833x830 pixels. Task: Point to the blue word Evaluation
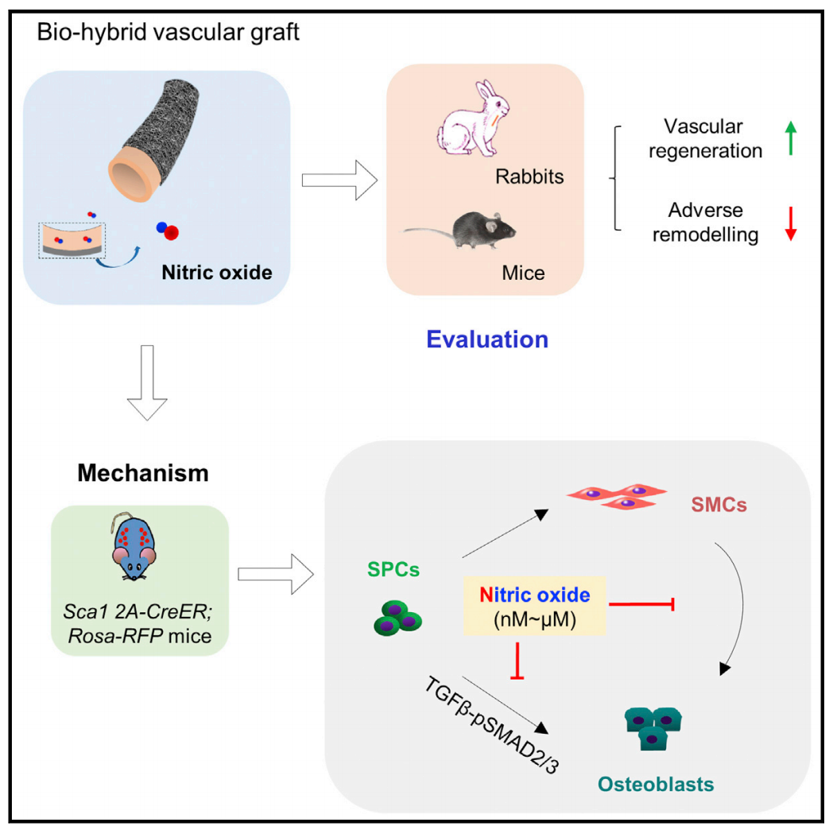(487, 339)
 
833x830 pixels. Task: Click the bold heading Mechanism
(143, 475)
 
